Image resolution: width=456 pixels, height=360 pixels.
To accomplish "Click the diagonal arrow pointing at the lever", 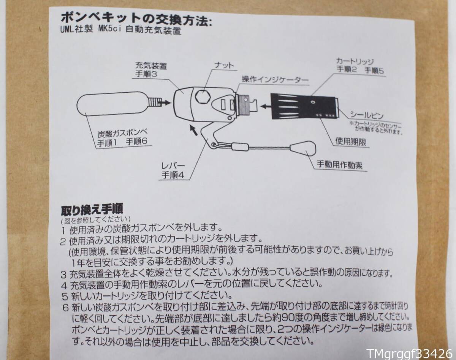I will (x=193, y=131).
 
